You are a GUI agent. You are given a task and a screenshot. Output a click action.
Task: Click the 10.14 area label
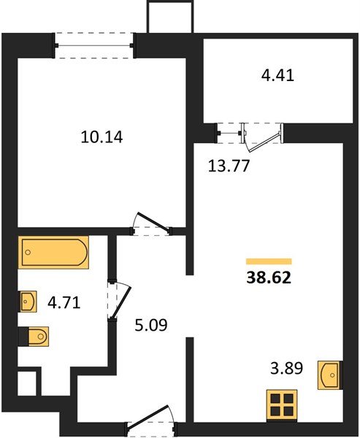tap(102, 137)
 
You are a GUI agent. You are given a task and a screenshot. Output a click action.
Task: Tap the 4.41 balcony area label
tap(277, 75)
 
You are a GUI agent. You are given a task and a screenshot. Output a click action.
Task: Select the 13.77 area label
tap(229, 166)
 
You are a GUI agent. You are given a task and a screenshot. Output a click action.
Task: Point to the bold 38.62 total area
tap(269, 277)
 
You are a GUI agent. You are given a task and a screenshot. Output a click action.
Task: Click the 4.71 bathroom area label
tap(64, 302)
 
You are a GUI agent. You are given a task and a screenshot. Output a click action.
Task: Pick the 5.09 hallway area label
tap(151, 325)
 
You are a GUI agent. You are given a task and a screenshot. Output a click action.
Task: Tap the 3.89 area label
tap(286, 368)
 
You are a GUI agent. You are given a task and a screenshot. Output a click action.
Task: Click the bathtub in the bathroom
tap(53, 253)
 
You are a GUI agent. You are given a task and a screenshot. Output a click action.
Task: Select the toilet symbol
tap(39, 337)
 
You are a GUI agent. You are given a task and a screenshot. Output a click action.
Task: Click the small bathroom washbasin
tap(28, 301)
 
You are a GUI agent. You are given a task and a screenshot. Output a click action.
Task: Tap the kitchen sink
tap(330, 375)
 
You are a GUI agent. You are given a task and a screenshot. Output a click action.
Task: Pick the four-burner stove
tap(282, 406)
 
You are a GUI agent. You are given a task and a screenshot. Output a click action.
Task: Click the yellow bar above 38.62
tap(269, 261)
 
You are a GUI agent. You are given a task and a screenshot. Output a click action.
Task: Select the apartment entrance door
tap(151, 419)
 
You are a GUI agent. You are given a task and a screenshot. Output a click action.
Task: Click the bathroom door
tap(119, 301)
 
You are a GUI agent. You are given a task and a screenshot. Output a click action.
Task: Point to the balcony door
tap(263, 137)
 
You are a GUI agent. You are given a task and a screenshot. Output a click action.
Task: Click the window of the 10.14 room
tap(94, 45)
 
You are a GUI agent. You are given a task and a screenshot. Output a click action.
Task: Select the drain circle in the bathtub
tap(28, 253)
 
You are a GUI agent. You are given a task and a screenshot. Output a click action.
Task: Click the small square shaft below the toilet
tap(27, 383)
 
